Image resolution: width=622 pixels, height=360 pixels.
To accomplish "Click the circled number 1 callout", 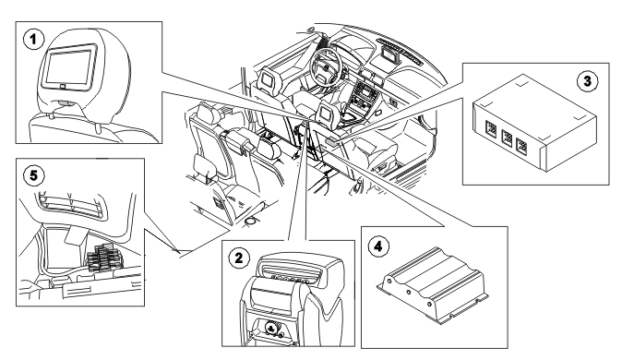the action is point(33,40).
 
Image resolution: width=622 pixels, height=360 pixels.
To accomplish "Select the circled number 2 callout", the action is point(238,258).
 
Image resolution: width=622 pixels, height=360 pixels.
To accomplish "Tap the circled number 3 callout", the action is point(587,81).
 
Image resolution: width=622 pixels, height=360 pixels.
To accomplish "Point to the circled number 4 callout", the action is point(378,246).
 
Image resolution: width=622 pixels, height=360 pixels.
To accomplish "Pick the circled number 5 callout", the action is point(34,175).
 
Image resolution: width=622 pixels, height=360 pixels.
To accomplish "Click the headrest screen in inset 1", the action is point(69,66).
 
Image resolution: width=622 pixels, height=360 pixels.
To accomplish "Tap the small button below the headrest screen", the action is point(63,86).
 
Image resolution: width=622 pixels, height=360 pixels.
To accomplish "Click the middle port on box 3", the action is point(507,138).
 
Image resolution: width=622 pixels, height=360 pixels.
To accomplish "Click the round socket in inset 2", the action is point(271,328).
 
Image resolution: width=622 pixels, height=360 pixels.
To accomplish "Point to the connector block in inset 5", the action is point(102,258).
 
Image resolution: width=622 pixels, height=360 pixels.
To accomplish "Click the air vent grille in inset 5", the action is point(71,204).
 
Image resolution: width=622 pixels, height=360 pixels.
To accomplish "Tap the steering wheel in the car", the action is point(326,66).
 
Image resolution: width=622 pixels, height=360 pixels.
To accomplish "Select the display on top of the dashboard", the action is point(391,55).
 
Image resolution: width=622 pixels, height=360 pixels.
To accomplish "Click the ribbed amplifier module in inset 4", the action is point(432,284).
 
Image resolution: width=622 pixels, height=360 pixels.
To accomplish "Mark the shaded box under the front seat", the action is point(330,140).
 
